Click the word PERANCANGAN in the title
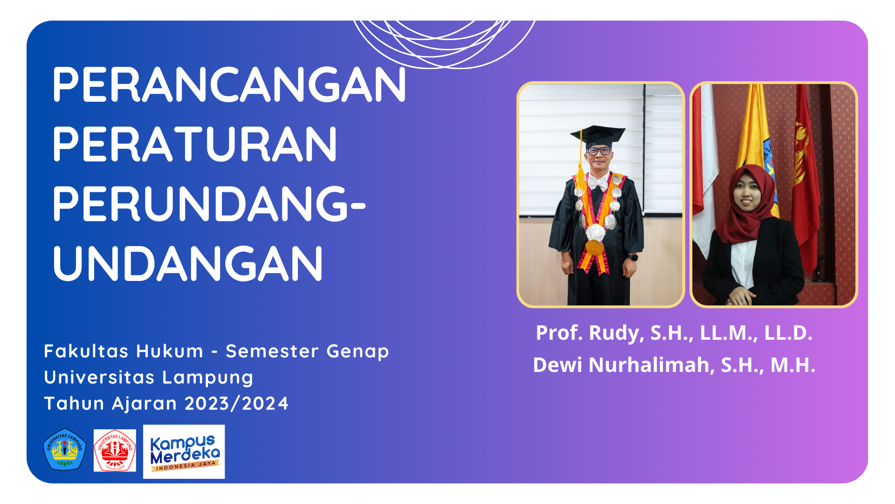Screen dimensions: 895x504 click(x=229, y=84)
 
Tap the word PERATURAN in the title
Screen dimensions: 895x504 click(x=195, y=144)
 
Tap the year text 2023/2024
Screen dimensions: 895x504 click(x=237, y=404)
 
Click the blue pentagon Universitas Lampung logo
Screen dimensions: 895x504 click(x=65, y=449)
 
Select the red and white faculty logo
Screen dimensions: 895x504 click(x=115, y=450)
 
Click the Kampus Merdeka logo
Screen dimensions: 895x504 click(x=184, y=452)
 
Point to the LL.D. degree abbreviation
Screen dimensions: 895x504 click(x=788, y=333)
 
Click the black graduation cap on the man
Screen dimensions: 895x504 click(x=597, y=137)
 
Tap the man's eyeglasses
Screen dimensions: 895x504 click(x=599, y=151)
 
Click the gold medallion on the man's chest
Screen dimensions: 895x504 click(x=594, y=247)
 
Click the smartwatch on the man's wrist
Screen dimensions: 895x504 click(x=632, y=257)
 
